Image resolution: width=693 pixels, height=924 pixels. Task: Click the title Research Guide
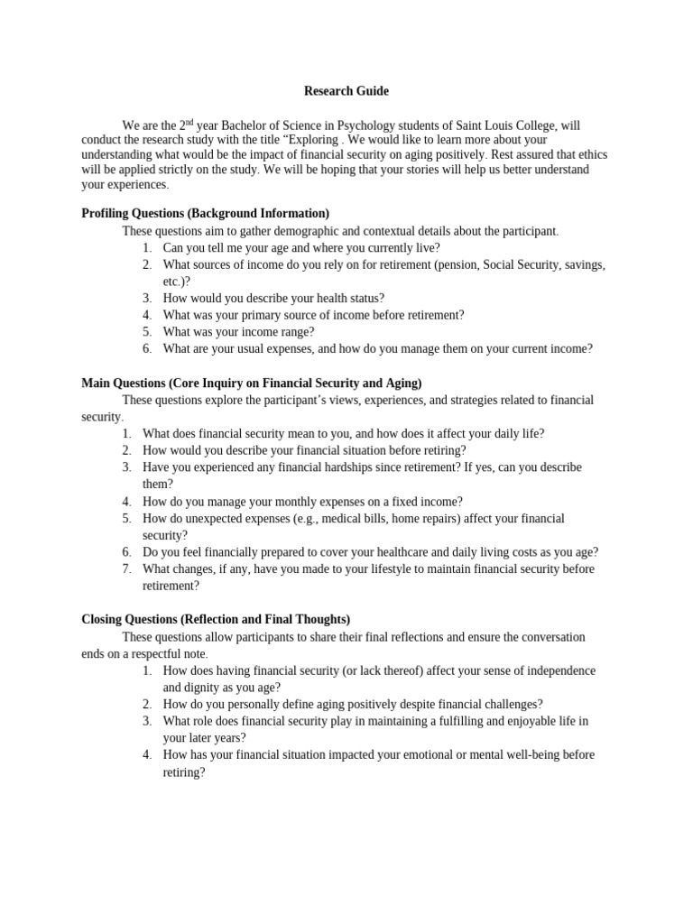[346, 91]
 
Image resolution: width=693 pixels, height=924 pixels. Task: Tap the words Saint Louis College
[518, 125]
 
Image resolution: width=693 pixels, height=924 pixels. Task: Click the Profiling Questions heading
[205, 213]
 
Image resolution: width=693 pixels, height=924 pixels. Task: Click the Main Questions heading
[252, 383]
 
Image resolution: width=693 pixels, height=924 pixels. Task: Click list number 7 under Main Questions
[127, 568]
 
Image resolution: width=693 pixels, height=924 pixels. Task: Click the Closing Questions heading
[216, 619]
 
